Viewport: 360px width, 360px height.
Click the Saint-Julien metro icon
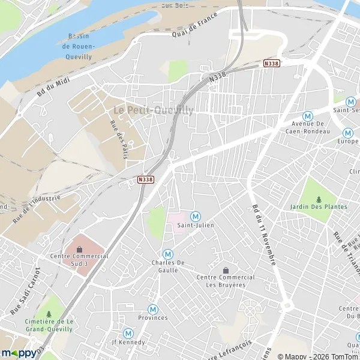(195, 216)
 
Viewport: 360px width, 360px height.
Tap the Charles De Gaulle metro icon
(168, 254)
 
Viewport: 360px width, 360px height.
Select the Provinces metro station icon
(153, 309)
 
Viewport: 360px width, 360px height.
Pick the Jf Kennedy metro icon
(128, 333)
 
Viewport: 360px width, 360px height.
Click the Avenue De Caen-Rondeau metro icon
(308, 116)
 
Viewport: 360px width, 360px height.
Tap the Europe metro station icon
(347, 133)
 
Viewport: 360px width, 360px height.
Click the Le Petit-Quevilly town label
(154, 110)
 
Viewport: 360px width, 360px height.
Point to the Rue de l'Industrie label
(37, 208)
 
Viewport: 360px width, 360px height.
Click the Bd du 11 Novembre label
(263, 234)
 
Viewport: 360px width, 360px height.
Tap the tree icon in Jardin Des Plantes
(319, 199)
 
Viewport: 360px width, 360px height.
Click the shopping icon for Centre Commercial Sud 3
(79, 249)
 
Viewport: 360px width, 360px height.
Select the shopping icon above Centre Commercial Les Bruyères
(226, 270)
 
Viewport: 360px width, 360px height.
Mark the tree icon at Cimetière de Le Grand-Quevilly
(49, 314)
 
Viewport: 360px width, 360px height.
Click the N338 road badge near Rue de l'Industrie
(145, 179)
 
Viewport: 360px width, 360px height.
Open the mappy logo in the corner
(19, 353)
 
